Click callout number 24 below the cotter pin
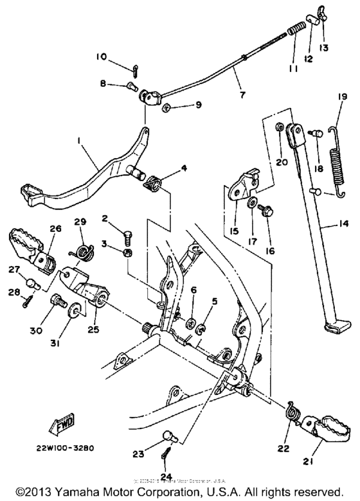point(167,477)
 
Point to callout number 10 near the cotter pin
point(102,57)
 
